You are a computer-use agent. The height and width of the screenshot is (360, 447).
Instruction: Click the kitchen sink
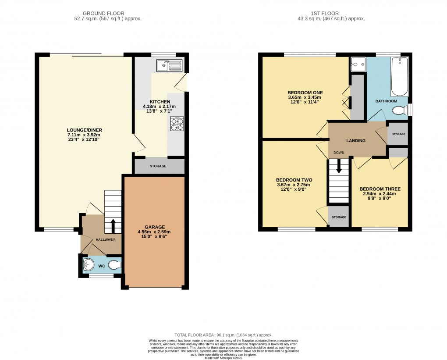pyautogui.click(x=169, y=66)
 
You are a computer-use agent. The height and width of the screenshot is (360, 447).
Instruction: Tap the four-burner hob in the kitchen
pyautogui.click(x=177, y=124)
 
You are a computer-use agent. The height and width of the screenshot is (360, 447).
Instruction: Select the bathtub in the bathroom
pyautogui.click(x=399, y=78)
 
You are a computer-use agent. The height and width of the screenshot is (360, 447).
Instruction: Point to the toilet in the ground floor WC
pyautogui.click(x=114, y=265)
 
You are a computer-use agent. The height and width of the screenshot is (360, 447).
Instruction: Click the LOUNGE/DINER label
pyautogui.click(x=84, y=130)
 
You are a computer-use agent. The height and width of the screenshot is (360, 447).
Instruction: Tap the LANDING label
pyautogui.click(x=356, y=140)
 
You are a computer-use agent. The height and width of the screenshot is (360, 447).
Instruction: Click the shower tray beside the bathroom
pyautogui.click(x=357, y=64)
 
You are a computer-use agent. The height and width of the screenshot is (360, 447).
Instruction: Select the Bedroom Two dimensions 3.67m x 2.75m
pyautogui.click(x=294, y=185)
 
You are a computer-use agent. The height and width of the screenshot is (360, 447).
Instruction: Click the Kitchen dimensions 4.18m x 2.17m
pyautogui.click(x=159, y=107)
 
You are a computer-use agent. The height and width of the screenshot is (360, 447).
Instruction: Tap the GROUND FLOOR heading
pyautogui.click(x=107, y=14)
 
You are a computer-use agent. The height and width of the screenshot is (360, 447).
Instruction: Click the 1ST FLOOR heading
pyautogui.click(x=330, y=14)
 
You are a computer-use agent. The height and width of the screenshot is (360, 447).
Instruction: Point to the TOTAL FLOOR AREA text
pyautogui.click(x=223, y=334)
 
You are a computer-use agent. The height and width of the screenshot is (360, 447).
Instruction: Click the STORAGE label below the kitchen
pyautogui.click(x=158, y=166)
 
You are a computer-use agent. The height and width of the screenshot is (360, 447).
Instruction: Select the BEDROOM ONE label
pyautogui.click(x=305, y=92)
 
